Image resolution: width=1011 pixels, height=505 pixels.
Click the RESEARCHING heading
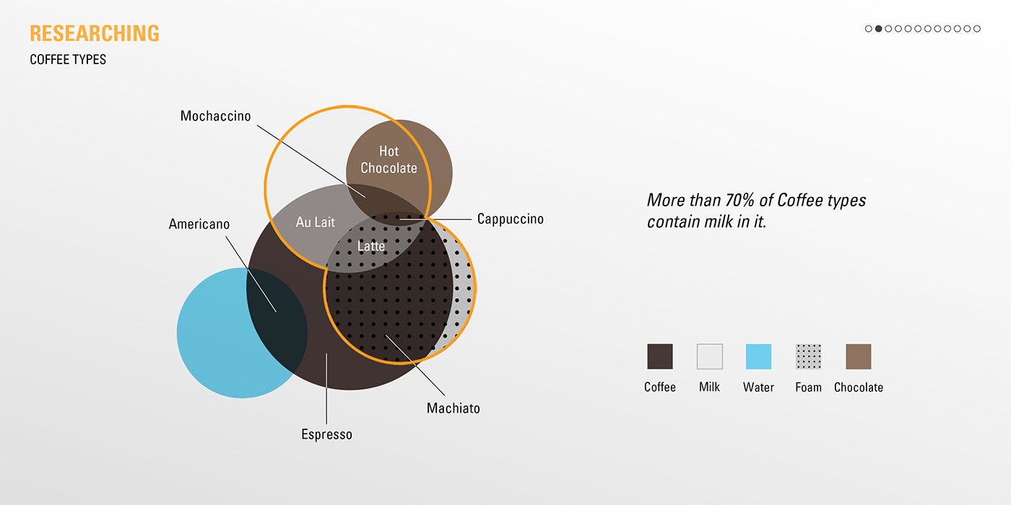(x=95, y=33)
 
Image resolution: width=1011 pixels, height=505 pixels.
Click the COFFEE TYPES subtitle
(x=68, y=59)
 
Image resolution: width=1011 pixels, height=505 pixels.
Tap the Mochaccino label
(x=215, y=116)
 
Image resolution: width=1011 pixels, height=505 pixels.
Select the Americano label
(x=199, y=224)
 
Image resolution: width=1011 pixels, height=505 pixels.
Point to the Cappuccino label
(x=510, y=219)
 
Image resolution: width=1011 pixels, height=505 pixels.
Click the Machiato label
(x=453, y=408)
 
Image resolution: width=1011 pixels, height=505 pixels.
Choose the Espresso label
(x=326, y=434)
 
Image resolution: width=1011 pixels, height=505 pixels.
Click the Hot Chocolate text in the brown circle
(x=389, y=159)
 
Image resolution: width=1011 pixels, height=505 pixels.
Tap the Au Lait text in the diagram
(x=316, y=222)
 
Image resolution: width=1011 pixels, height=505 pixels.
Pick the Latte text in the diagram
(x=371, y=246)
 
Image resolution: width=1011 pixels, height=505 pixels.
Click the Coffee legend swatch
(x=660, y=356)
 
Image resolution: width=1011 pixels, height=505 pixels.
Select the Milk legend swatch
(x=709, y=356)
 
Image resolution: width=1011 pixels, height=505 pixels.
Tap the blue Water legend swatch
(x=758, y=356)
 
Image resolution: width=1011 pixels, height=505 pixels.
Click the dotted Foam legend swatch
(x=808, y=356)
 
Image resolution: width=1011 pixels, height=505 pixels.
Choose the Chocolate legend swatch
(x=858, y=356)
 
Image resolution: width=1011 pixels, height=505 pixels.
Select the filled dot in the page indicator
(x=878, y=29)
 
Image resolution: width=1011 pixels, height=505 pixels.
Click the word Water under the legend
(x=758, y=387)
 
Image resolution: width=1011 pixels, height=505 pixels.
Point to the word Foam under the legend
(x=808, y=387)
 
